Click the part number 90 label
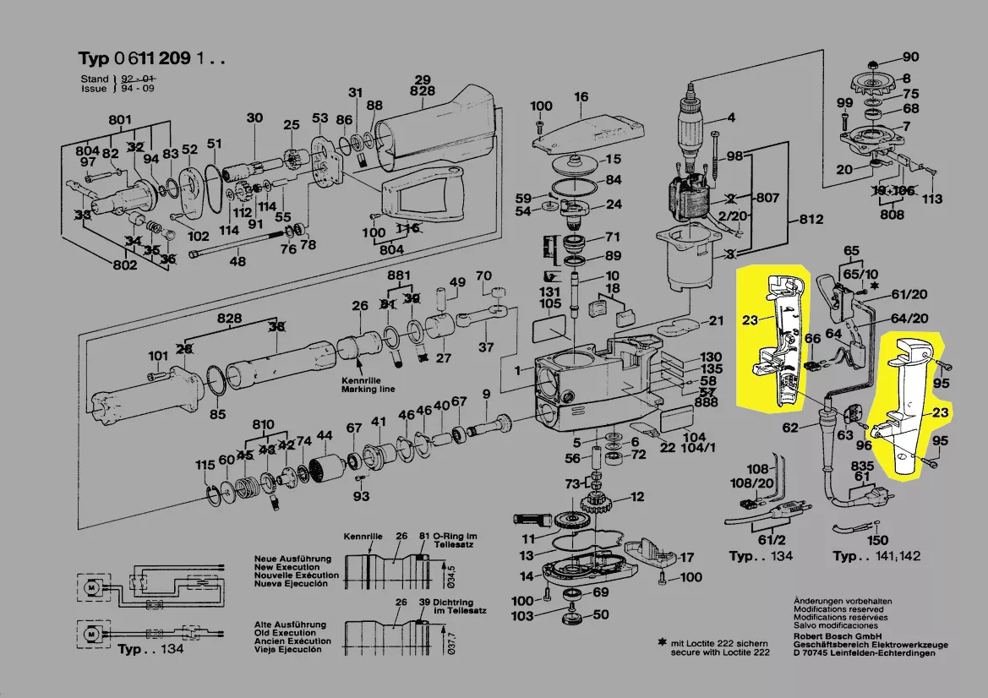click(x=910, y=57)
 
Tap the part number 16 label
click(x=581, y=97)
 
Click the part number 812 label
click(x=811, y=221)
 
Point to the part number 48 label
click(x=238, y=262)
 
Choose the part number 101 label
click(x=158, y=355)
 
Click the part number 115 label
click(x=205, y=466)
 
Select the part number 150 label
click(x=878, y=540)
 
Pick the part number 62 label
click(x=790, y=428)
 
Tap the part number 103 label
click(x=522, y=616)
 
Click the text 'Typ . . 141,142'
click(x=876, y=556)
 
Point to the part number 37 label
click(x=486, y=347)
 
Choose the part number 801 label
click(x=120, y=119)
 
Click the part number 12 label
click(x=636, y=497)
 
